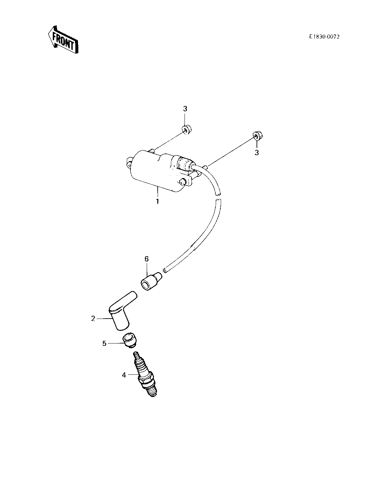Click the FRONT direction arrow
[63, 40]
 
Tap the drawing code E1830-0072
[324, 37]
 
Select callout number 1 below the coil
[157, 202]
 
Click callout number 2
[93, 319]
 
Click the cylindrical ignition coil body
[157, 171]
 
